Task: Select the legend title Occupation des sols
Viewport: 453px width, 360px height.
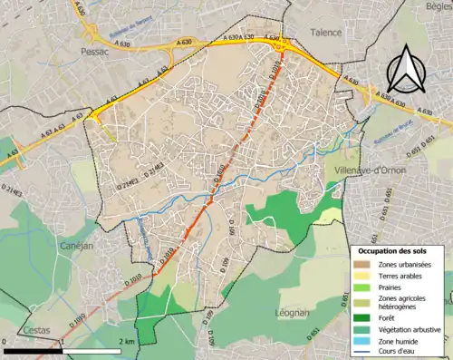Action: pos(397,249)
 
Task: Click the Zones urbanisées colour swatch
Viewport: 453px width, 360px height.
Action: pos(361,264)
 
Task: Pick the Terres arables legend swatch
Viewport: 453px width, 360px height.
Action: pos(361,275)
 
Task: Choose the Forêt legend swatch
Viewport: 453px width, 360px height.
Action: pos(361,317)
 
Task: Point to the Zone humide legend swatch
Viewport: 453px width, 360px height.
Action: pos(361,339)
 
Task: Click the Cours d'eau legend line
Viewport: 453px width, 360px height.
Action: pos(361,350)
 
